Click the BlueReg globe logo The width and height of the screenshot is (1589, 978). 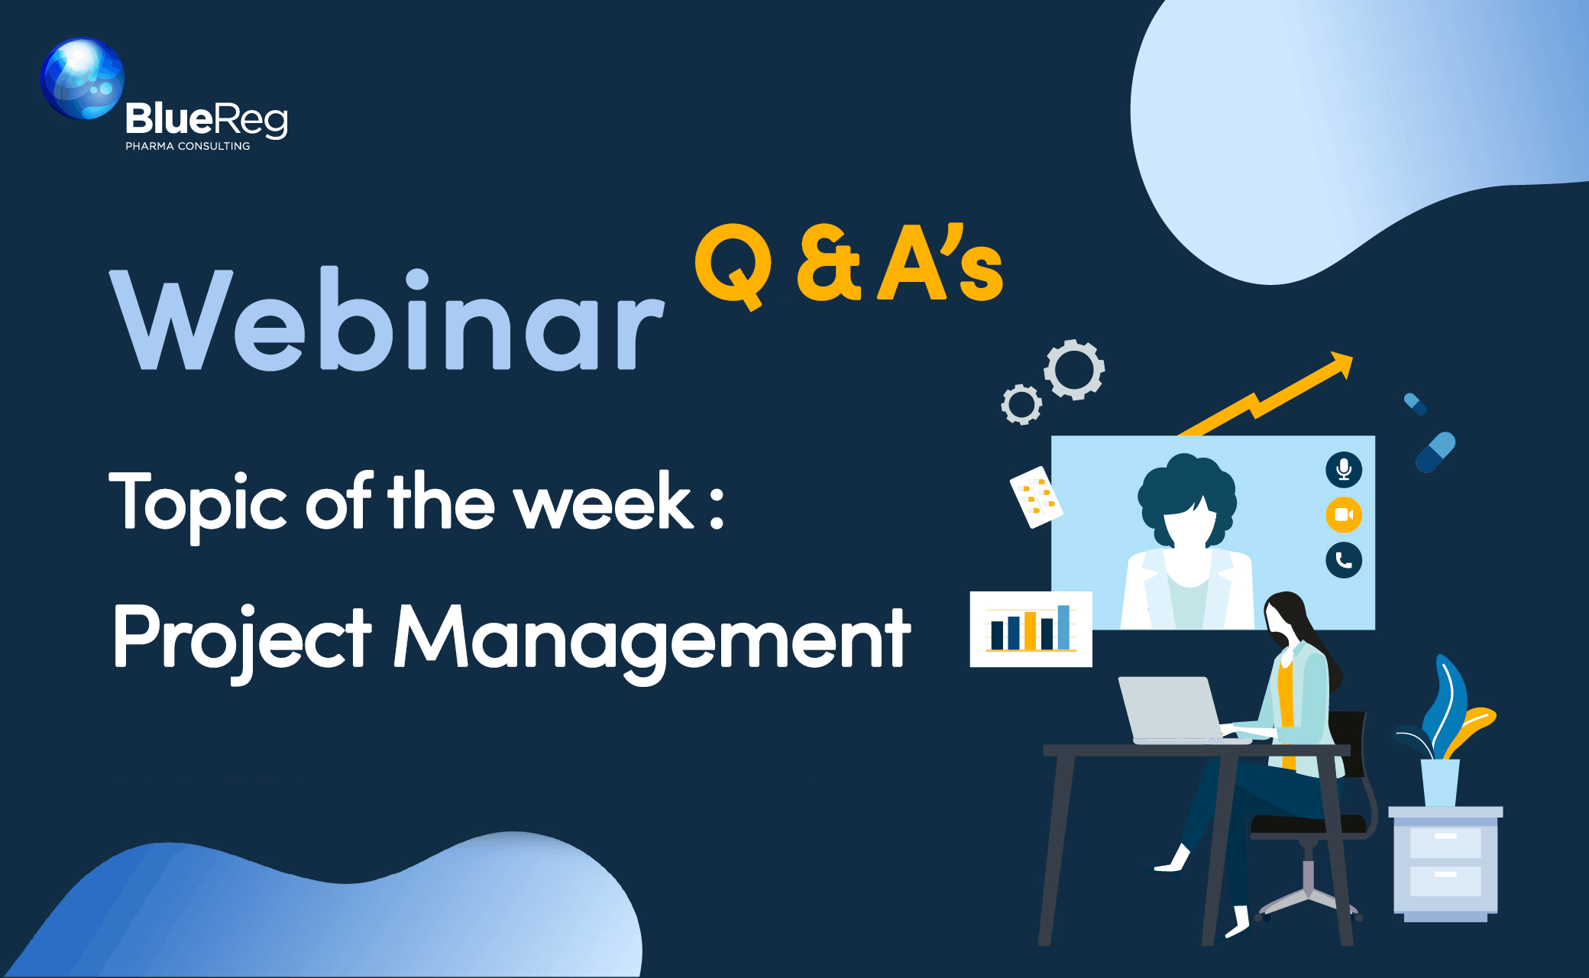(x=83, y=79)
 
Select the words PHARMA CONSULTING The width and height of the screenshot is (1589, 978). (x=188, y=146)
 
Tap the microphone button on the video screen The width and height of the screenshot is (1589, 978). (x=1344, y=469)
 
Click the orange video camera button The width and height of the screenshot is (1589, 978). (x=1344, y=514)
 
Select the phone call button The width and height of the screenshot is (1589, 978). (x=1344, y=560)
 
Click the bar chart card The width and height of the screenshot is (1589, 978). (x=1031, y=629)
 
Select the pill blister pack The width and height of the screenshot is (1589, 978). (x=1036, y=497)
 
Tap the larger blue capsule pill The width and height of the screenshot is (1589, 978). (x=1435, y=452)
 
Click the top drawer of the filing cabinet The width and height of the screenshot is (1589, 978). (x=1445, y=842)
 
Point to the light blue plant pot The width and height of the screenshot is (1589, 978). (x=1440, y=782)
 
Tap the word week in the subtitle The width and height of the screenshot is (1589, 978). (x=603, y=502)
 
